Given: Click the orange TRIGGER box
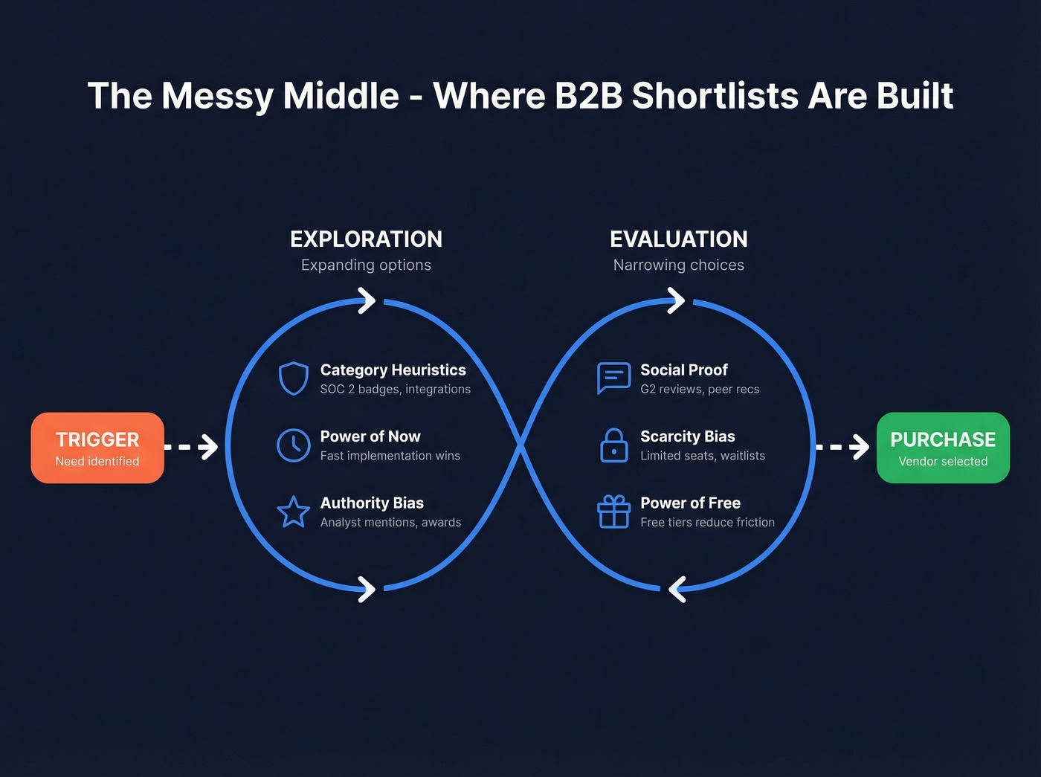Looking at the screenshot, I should [x=97, y=448].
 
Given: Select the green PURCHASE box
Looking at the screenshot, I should [x=943, y=448].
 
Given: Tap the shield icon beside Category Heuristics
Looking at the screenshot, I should [x=294, y=378].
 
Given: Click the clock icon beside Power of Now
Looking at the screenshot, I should [x=294, y=445].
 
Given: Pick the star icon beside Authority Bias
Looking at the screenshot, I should [x=294, y=512].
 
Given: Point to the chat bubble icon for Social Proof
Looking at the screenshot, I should [x=613, y=378].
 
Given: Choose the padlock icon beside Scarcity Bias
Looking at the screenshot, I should [x=613, y=445].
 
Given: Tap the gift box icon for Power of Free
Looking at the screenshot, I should [x=613, y=512].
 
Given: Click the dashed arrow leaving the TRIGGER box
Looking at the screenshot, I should [x=191, y=447].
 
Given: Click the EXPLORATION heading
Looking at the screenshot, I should [x=366, y=239].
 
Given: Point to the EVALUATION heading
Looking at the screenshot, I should [x=679, y=239].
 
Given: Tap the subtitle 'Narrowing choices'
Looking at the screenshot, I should [x=679, y=265].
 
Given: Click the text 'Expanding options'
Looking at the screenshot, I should [x=366, y=265].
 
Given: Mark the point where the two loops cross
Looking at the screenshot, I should [x=520, y=446].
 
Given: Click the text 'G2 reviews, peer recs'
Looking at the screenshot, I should [x=700, y=389].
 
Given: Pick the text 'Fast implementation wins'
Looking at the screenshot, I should [x=390, y=456].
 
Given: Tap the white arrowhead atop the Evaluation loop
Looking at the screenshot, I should [x=676, y=301].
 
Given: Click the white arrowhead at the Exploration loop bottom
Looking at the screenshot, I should [x=367, y=589].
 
